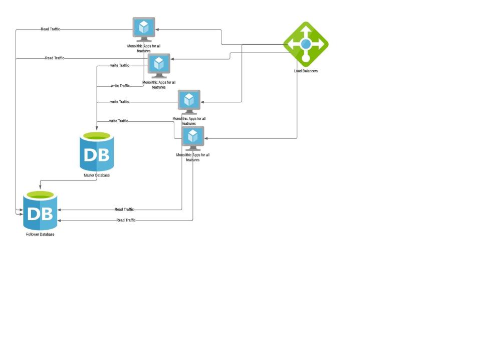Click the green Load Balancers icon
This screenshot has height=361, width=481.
306,44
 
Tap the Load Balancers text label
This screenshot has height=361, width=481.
306,71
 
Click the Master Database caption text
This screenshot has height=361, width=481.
97,175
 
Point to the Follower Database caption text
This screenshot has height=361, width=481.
40,234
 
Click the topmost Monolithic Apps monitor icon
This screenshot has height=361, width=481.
144,29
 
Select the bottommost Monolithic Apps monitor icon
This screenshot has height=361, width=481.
193,138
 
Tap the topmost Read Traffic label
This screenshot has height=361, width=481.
50,29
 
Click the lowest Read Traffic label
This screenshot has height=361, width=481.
126,220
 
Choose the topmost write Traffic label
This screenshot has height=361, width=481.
119,65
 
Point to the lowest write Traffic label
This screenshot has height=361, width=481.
118,121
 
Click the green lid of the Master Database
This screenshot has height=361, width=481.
97,135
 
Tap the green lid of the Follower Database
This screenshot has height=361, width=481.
40,195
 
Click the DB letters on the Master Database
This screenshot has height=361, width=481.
97,154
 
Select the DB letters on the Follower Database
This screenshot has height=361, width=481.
40,214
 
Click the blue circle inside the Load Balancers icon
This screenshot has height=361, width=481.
306,44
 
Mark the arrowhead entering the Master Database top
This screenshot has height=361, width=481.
97,129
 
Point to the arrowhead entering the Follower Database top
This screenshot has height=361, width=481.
40,188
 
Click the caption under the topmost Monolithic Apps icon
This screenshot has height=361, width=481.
144,49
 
